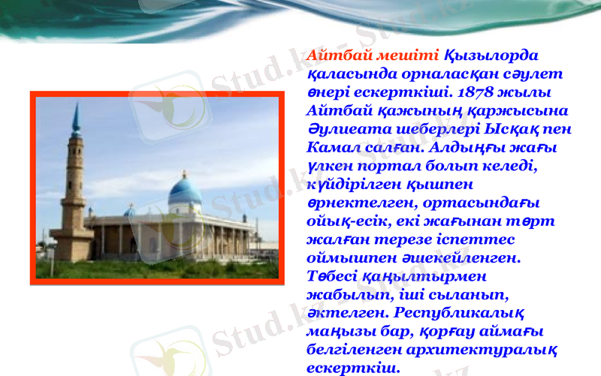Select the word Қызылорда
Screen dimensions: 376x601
tap(492, 56)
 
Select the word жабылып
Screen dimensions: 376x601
tap(344, 295)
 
